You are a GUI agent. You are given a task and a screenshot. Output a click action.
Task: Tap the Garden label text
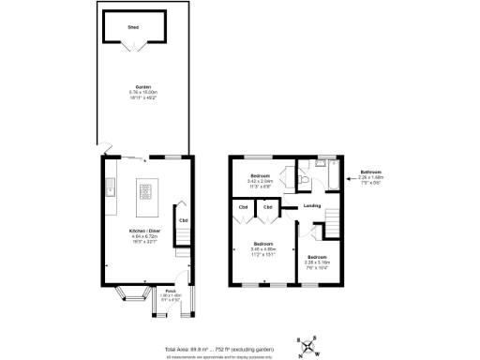coord(145,86)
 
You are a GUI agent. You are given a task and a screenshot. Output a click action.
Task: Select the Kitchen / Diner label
coord(145,230)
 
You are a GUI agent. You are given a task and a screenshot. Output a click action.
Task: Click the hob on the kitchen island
coord(146,192)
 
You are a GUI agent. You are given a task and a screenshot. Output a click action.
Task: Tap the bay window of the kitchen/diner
coord(128,300)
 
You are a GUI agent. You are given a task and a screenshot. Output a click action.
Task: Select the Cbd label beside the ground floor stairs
coord(184,221)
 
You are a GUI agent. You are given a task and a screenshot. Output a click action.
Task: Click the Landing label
coord(312,206)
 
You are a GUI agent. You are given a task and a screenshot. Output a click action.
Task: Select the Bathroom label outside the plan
coord(372,172)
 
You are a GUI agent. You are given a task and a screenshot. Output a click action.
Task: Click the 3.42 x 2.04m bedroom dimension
coord(260,181)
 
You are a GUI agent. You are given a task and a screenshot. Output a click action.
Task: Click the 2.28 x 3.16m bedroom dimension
coord(318,262)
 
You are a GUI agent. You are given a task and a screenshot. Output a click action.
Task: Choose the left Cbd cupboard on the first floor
coord(243,206)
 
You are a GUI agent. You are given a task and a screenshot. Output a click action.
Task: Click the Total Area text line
coord(221,347)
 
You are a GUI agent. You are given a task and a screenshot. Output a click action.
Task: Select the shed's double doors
coord(133,49)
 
